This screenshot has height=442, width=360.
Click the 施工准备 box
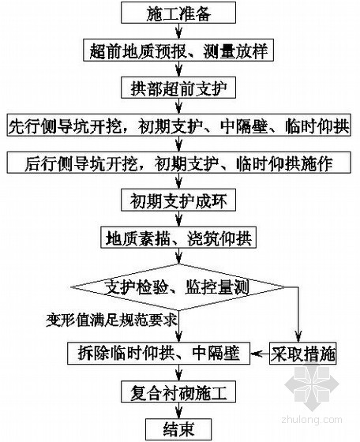coord(178,13)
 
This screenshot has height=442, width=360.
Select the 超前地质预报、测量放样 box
coord(178,51)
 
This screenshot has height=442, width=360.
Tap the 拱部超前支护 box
coord(178,88)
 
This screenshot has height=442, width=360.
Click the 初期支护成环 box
coord(178,200)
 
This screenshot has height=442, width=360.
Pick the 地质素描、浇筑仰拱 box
coord(178,238)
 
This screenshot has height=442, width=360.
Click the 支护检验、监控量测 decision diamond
coord(178,287)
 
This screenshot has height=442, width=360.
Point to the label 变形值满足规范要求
coord(111,320)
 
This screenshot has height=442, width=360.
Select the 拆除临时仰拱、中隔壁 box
coord(159,354)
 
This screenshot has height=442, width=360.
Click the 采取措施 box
coord(303,354)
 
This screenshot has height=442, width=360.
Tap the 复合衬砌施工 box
coord(178,391)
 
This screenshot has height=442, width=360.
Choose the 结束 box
coord(178,429)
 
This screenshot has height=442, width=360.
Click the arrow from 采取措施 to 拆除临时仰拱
coord(260,354)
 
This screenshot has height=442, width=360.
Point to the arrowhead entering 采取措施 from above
coord(298,337)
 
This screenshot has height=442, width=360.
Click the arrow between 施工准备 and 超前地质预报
coord(178,32)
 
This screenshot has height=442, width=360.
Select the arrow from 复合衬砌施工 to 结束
coord(178,410)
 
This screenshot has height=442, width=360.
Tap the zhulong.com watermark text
coord(312,419)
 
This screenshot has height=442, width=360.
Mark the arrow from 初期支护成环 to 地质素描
coord(178,219)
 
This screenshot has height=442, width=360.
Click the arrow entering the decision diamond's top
coord(178,257)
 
